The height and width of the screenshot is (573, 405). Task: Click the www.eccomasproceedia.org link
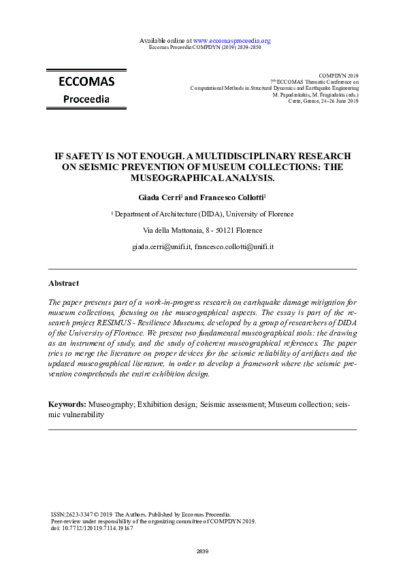point(232,40)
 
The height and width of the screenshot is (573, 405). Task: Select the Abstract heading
point(63,283)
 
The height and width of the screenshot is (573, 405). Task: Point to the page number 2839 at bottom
point(202,551)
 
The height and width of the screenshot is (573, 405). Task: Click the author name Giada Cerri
point(153,197)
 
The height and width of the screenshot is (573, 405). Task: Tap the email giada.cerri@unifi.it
point(161,247)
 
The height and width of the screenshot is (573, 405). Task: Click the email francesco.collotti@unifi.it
point(233,247)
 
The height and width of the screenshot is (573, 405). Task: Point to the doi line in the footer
point(92,527)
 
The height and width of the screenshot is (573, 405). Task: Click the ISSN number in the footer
point(73,514)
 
